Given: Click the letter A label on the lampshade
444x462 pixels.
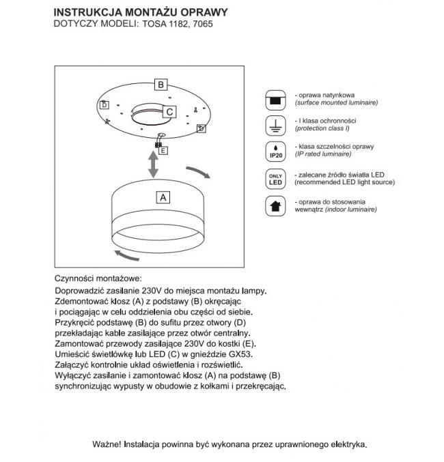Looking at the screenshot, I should [163, 198].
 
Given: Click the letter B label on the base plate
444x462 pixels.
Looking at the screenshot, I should [160, 85].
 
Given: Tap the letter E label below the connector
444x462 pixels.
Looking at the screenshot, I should [163, 149].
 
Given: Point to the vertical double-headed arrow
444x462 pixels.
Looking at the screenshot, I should [154, 164].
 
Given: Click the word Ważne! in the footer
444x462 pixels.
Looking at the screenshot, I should [107, 444].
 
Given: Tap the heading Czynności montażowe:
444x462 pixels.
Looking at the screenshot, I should [98, 279].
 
